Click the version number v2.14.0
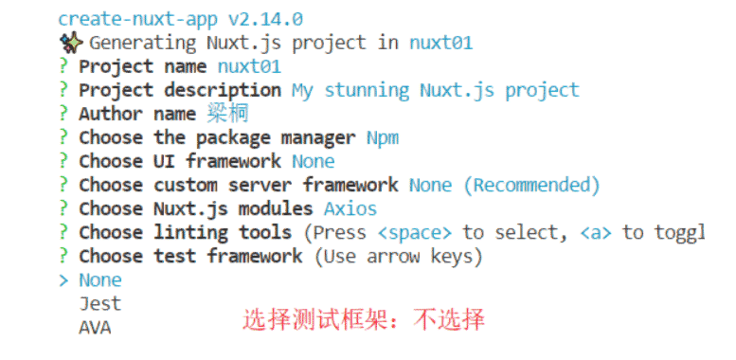[x=265, y=19]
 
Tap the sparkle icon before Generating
[x=71, y=44]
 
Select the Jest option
[x=100, y=304]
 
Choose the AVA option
[x=95, y=328]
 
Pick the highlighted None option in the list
[x=100, y=280]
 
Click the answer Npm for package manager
[x=383, y=138]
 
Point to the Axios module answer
[x=350, y=208]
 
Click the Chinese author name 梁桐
[x=227, y=114]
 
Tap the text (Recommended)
[x=531, y=186]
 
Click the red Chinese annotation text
[x=364, y=320]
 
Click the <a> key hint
[x=596, y=232]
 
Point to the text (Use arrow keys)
[x=398, y=257]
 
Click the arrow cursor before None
[x=63, y=280]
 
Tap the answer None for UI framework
[x=314, y=161]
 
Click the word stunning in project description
[x=367, y=91]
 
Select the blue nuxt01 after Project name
[x=249, y=66]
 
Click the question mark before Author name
[x=63, y=114]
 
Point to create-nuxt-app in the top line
[x=138, y=20]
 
